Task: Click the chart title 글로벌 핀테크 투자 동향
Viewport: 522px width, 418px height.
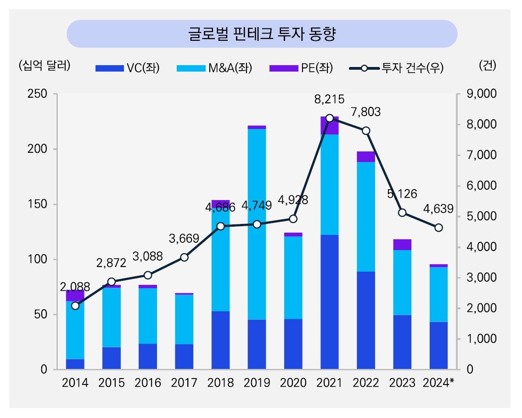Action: pyautogui.click(x=262, y=34)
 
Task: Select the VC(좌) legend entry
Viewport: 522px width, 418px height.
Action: pyautogui.click(x=128, y=68)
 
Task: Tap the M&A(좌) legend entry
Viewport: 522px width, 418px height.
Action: pyautogui.click(x=214, y=68)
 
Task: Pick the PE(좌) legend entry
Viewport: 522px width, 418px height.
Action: pyautogui.click(x=301, y=68)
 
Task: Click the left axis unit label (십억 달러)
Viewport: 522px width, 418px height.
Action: pyautogui.click(x=45, y=66)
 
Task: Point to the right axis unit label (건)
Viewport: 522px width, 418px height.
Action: pyautogui.click(x=487, y=66)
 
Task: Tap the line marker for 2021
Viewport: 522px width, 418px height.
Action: pyautogui.click(x=330, y=118)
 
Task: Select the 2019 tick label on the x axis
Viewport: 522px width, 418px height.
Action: pyautogui.click(x=257, y=383)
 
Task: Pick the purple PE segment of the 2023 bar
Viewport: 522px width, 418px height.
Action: pyautogui.click(x=402, y=245)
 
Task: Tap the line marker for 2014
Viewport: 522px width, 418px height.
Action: pyautogui.click(x=75, y=306)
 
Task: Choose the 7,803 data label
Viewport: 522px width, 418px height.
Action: pyautogui.click(x=365, y=111)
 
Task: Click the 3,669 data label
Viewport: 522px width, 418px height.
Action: pyautogui.click(x=184, y=239)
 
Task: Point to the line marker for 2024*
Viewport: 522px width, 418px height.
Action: pyautogui.click(x=438, y=228)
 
